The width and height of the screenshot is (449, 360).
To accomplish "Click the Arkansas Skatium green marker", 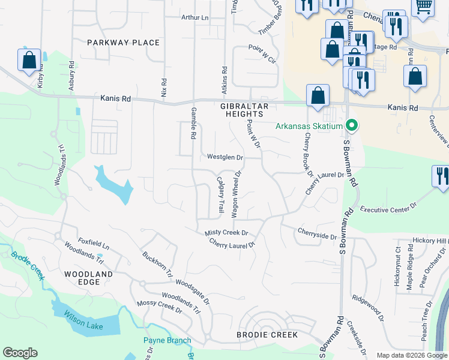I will [x=352, y=126].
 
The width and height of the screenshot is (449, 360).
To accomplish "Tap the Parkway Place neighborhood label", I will [x=123, y=43].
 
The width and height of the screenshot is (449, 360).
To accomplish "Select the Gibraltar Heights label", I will [x=243, y=110].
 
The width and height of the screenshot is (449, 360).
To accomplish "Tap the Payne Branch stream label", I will [x=167, y=341].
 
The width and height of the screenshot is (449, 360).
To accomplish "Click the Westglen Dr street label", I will [x=225, y=158].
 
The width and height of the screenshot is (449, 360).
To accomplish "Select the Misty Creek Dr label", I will [x=226, y=233].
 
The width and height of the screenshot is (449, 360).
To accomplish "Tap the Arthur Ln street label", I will [x=194, y=18].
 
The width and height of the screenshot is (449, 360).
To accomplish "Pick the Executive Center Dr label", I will [x=388, y=209].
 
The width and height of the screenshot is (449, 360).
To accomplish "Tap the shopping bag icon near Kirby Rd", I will [x=29, y=61].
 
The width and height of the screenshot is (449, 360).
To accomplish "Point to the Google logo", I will [x=20, y=353].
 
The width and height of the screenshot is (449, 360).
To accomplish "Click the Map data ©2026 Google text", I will [x=411, y=355].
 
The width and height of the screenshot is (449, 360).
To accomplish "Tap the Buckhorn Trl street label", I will [x=157, y=264].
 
